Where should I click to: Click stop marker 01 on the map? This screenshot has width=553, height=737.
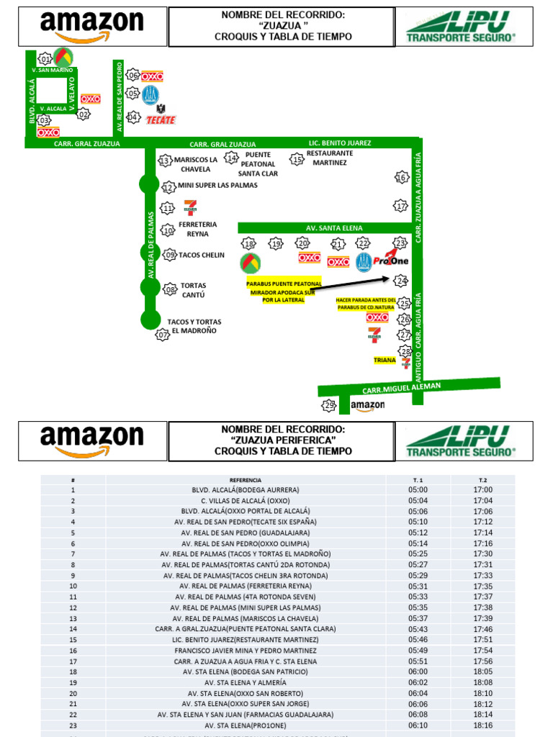coord(45,58)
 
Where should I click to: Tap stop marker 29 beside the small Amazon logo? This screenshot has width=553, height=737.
coord(329,406)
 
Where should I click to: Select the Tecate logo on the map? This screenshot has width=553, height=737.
coord(161,116)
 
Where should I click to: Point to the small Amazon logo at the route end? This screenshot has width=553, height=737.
coord(367,406)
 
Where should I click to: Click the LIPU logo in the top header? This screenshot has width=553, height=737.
coord(461,27)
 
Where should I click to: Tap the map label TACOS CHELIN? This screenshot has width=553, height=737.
coord(201,255)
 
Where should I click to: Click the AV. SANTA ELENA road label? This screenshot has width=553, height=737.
coord(329,227)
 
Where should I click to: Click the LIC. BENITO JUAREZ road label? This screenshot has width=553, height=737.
coord(340,143)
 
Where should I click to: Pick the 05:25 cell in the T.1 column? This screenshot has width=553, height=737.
coord(418,554)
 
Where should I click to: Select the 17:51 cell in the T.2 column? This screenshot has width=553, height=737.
coord(483,639)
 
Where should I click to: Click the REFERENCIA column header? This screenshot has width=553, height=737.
coord(246,480)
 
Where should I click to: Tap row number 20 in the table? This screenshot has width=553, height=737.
coord(73,693)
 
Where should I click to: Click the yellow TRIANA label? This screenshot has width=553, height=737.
coord(385,360)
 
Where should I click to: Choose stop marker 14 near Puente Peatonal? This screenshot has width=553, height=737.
coord(231,158)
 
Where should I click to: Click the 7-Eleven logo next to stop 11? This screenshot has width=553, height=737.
coord(190,207)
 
